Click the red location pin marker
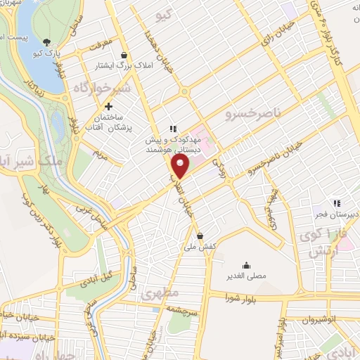[x=181, y=167]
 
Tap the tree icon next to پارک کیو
[x=46, y=42]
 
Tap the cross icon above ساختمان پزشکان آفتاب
[x=108, y=105]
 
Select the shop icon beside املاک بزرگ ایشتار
[x=124, y=56]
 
